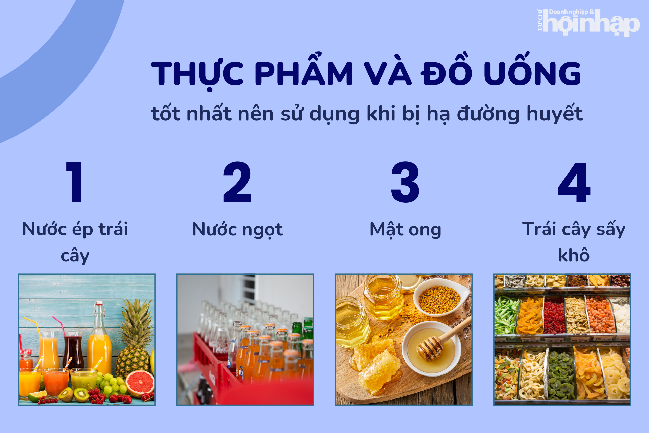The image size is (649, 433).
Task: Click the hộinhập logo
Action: point(588,22)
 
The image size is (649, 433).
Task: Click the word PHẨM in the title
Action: point(304,73)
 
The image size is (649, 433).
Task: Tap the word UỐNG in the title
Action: point(532,73)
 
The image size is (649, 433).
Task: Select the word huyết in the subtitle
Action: point(554,114)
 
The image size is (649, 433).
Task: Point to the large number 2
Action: point(237,182)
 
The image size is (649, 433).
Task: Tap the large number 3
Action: point(405,182)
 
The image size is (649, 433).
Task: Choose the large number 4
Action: point(574,183)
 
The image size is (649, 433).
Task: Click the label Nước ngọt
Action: point(237,230)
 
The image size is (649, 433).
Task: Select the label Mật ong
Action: point(405,230)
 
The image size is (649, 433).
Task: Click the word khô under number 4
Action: point(574,255)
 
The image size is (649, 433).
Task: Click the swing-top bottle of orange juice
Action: point(99,342)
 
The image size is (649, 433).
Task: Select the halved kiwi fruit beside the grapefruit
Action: point(81,394)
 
